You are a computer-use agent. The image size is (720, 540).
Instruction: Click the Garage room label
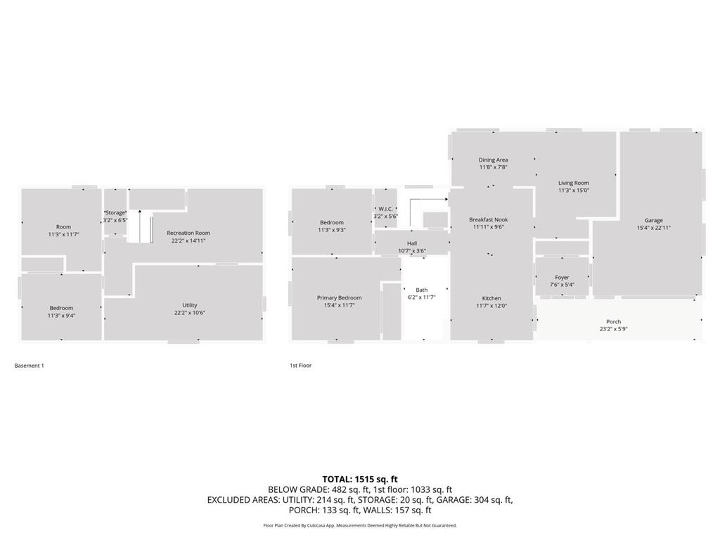(x=653, y=220)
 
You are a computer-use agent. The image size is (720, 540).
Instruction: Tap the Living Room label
(x=573, y=183)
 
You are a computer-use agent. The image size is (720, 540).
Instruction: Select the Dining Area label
(x=493, y=160)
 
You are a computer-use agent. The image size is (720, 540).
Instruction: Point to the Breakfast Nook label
(x=488, y=219)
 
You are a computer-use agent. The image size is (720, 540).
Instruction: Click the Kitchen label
(x=491, y=298)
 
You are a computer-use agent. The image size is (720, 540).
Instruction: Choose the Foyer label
(x=562, y=277)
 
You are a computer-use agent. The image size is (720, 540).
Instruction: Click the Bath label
(x=421, y=290)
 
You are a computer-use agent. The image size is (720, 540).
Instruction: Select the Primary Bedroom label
(x=339, y=298)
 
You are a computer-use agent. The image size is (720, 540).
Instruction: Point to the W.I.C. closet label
(x=385, y=209)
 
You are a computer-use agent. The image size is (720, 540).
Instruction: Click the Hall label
(x=412, y=243)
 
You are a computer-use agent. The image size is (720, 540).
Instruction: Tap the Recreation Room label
(x=188, y=233)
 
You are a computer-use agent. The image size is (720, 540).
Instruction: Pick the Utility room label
(x=190, y=305)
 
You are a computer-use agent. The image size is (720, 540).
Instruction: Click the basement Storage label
(x=115, y=212)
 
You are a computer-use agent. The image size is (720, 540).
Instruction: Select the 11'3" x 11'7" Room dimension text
(x=63, y=234)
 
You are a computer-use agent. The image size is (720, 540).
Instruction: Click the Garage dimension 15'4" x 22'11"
(x=653, y=228)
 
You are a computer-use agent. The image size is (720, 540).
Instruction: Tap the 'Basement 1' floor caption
(x=29, y=366)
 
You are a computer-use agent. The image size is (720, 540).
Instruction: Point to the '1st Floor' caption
(x=300, y=366)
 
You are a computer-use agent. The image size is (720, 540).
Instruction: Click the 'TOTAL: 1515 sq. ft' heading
(x=360, y=480)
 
